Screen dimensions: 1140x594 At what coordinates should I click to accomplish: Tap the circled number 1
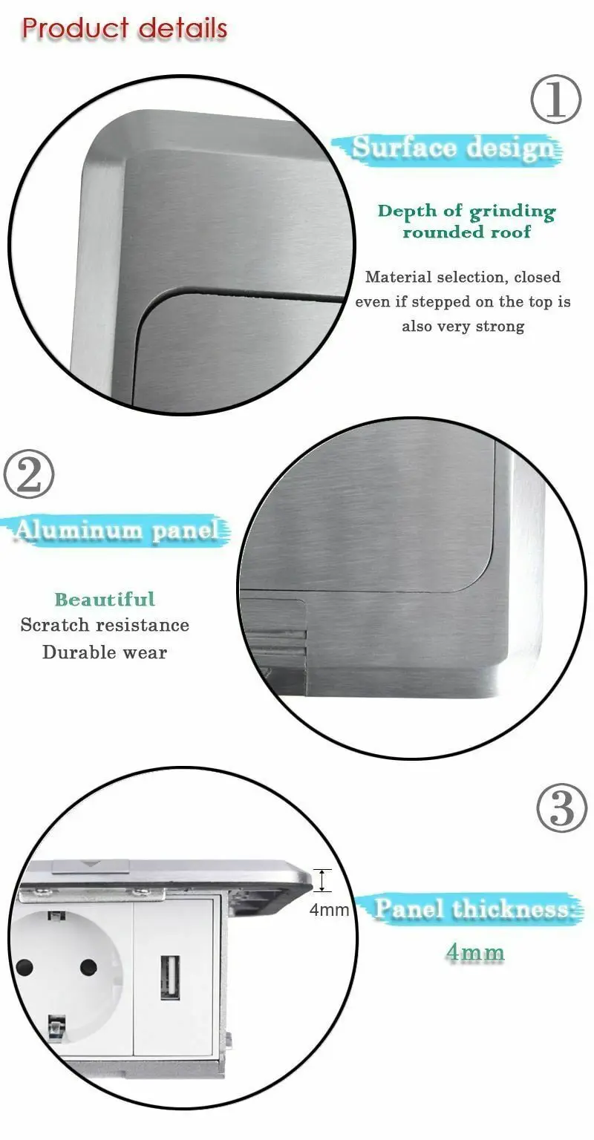[x=555, y=99]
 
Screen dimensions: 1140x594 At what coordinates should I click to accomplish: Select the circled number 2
[x=29, y=476]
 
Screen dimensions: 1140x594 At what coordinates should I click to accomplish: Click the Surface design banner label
[x=453, y=148]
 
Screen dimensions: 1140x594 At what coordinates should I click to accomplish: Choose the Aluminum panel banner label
[x=117, y=530]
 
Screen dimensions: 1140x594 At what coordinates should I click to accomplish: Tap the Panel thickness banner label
[x=475, y=909]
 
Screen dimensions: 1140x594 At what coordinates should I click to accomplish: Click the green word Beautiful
[x=105, y=599]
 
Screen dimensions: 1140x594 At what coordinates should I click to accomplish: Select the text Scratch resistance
[x=105, y=625]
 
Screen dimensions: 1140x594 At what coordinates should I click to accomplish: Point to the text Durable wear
[x=105, y=652]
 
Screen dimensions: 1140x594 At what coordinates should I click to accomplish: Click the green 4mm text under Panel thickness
[x=475, y=952]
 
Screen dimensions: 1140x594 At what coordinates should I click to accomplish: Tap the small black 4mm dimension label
[x=329, y=909]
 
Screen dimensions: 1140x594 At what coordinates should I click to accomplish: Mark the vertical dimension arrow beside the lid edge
[x=322, y=880]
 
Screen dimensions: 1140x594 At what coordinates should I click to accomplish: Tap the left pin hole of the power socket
[x=25, y=967]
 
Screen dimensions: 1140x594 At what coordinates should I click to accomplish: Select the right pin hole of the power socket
[x=88, y=967]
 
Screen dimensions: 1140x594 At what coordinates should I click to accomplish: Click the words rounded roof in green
[x=467, y=232]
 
